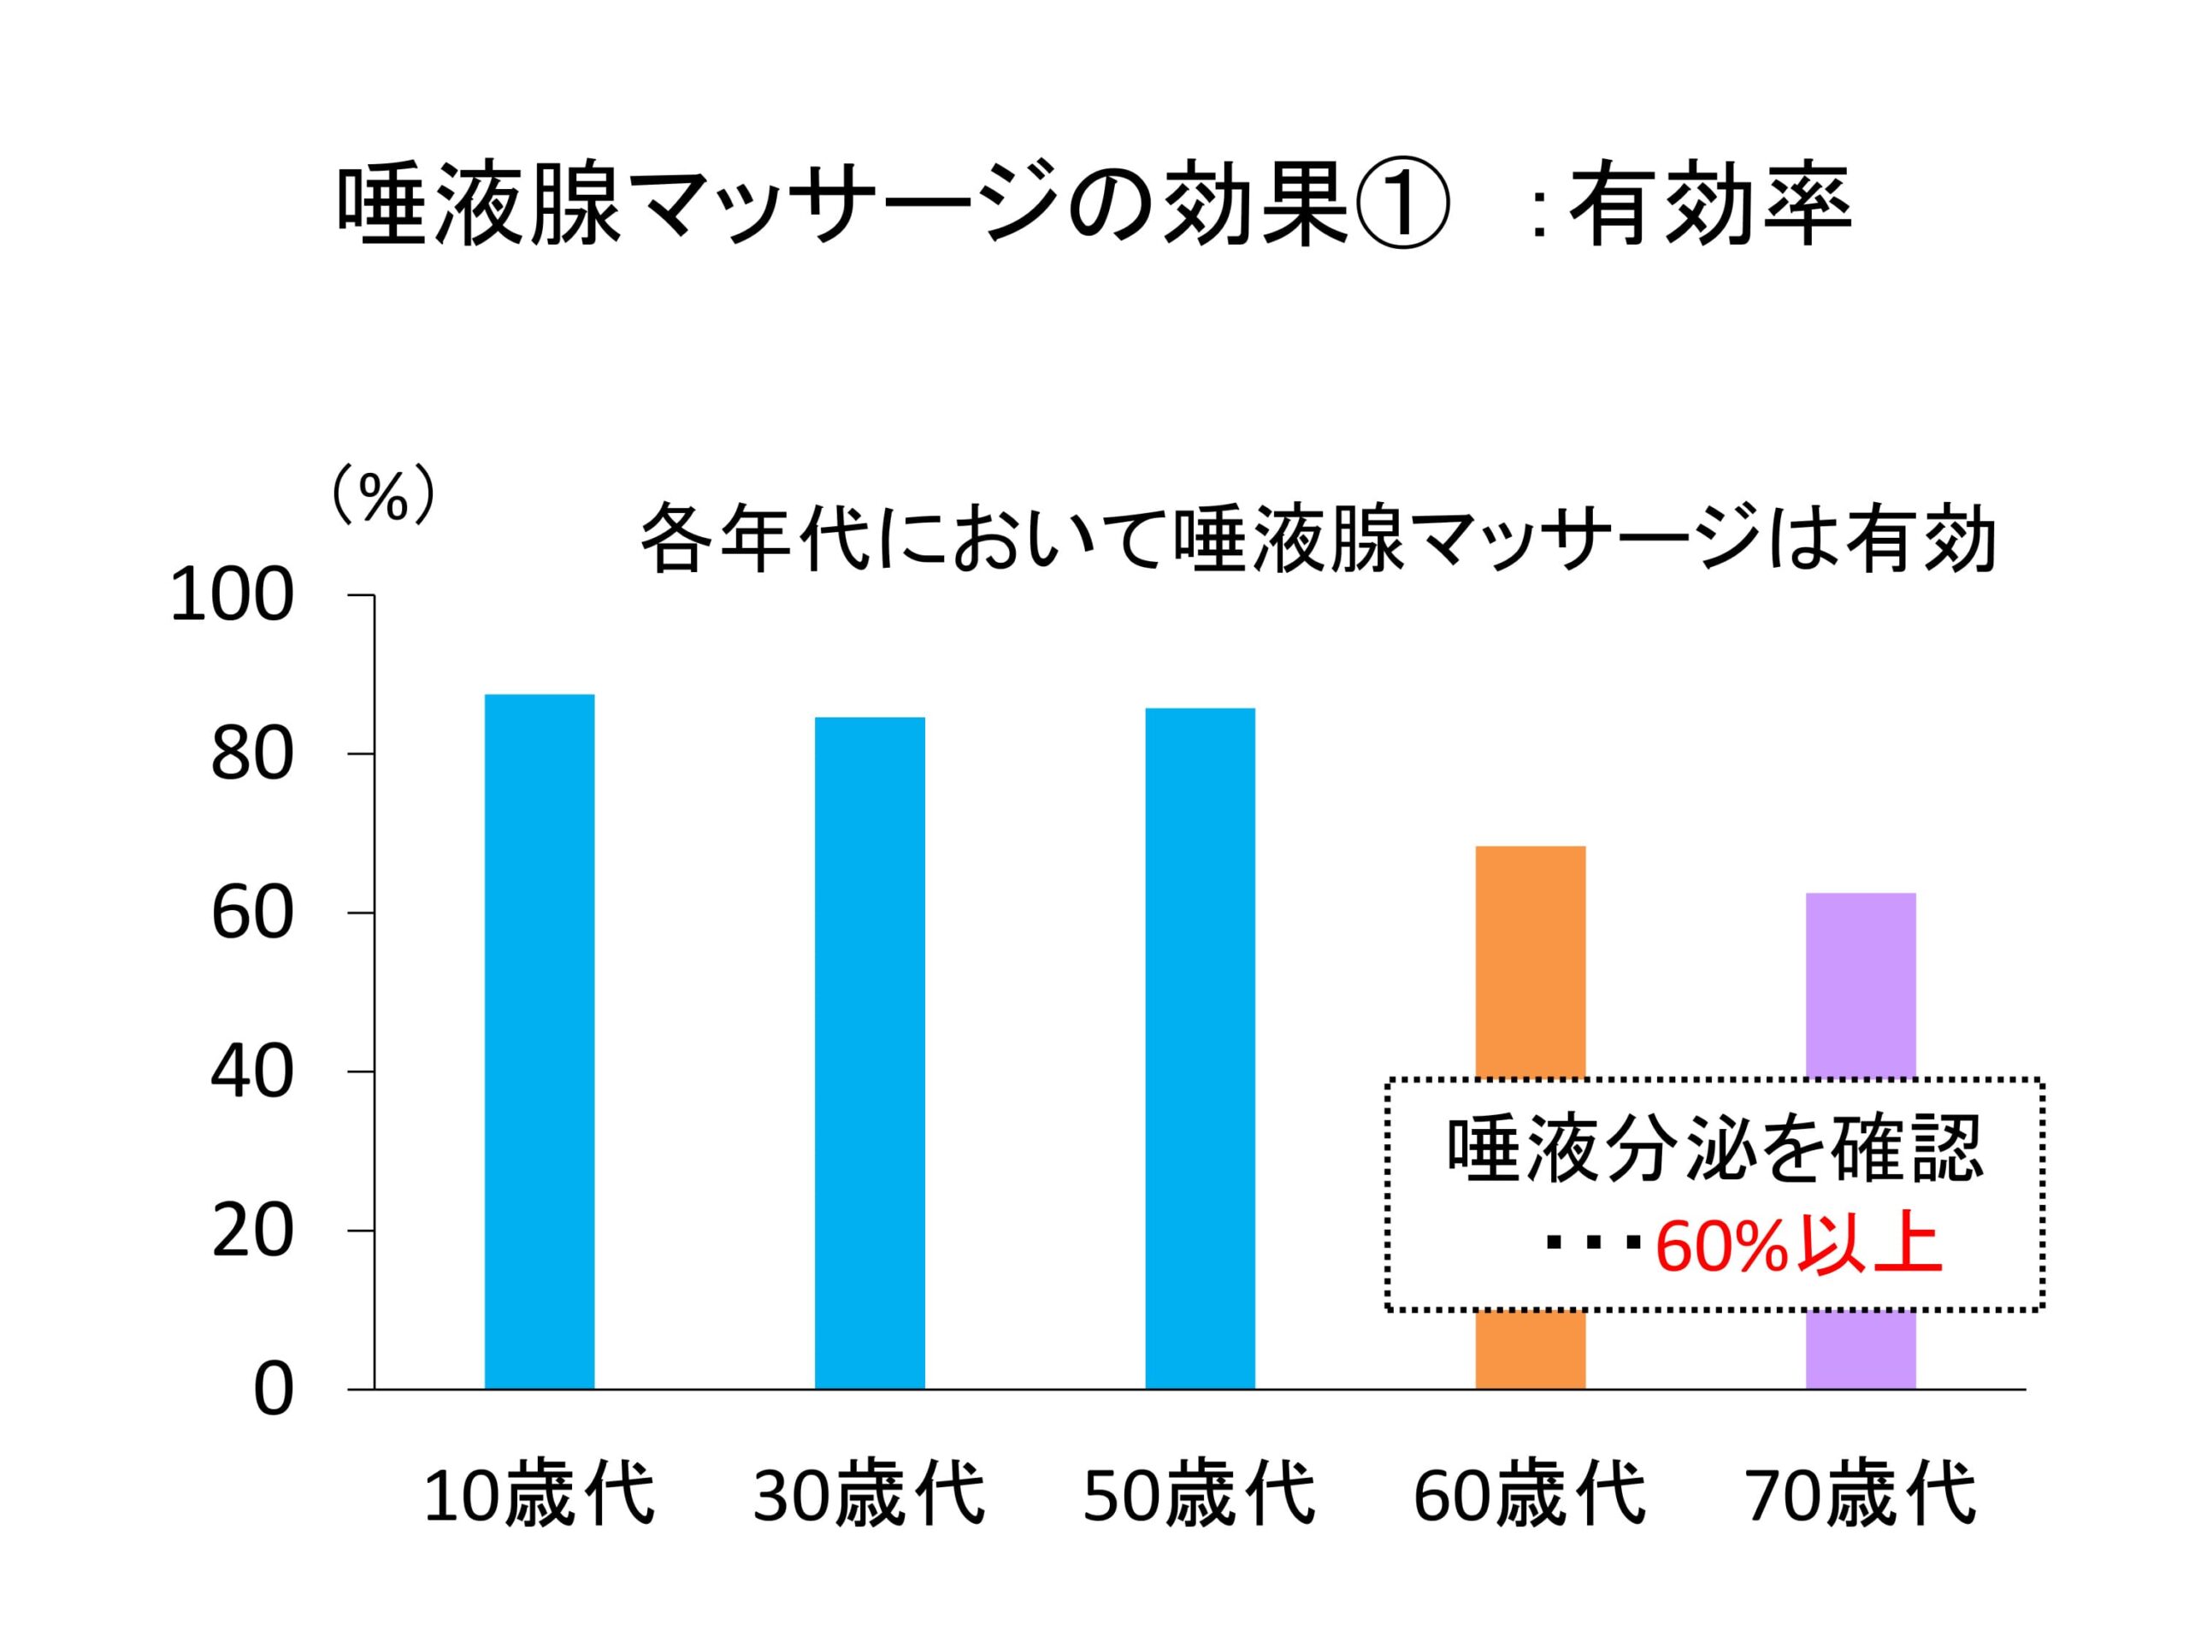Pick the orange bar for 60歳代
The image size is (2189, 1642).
pos(1530,960)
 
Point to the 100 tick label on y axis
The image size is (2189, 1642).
pos(233,597)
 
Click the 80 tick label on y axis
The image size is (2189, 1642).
pos(252,755)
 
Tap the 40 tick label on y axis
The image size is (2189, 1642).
pos(252,1073)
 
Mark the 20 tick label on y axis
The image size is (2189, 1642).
pos(252,1232)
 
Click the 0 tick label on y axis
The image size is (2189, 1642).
pos(273,1391)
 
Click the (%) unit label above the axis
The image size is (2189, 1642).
pos(382,497)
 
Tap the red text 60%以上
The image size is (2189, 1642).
pos(1797,1249)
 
